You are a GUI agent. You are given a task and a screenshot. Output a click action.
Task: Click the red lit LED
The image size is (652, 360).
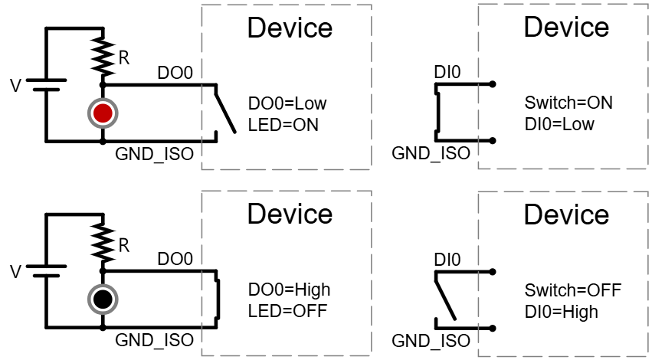coord(103,114)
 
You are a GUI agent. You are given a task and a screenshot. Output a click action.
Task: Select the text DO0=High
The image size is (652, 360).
coord(290,290)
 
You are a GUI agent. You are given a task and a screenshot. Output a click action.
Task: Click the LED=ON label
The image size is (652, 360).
coord(283,124)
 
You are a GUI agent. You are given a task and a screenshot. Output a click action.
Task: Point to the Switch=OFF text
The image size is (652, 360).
coord(572,290)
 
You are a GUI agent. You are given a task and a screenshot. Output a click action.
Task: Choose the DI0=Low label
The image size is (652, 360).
coord(559,124)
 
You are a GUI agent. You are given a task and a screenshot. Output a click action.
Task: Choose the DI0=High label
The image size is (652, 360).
coord(562,311)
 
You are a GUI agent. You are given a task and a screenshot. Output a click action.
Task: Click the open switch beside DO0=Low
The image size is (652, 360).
coord(224,112)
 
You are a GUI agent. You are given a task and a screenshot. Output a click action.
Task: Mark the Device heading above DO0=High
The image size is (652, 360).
coord(290,214)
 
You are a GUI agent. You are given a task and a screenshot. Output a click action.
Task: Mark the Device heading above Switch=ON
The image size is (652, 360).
coord(566,28)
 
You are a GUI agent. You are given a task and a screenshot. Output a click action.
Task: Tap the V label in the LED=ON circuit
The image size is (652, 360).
coord(15,85)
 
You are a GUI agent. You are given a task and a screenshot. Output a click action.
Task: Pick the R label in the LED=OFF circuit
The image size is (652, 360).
coord(123,245)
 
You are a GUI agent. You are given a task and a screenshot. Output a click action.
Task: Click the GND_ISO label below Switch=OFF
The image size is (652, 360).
coord(431,341)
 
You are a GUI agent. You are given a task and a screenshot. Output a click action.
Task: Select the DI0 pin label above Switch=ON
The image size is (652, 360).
coord(447,73)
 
